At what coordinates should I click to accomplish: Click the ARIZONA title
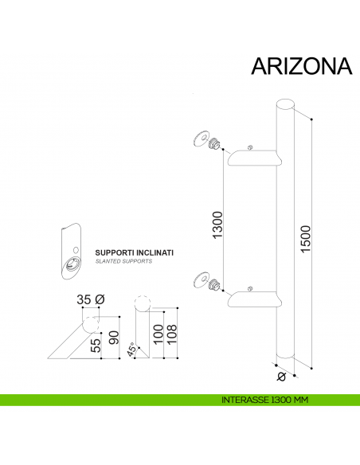[301, 66]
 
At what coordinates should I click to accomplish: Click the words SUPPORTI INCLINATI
[134, 252]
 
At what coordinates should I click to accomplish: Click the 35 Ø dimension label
[90, 300]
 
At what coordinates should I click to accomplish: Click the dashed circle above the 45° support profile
[142, 304]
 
